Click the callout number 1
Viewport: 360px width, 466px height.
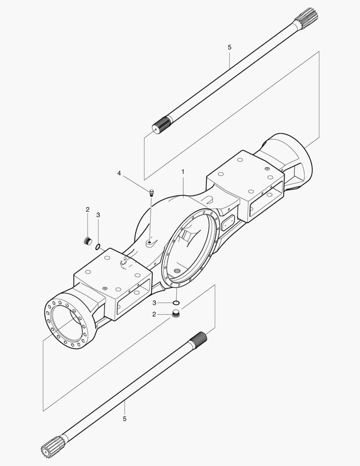183,172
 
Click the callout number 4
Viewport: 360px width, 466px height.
119,173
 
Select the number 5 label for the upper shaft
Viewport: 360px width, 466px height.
229,47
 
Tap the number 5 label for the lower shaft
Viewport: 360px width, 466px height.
125,419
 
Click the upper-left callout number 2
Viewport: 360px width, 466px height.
88,210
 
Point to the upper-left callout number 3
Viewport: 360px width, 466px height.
98,215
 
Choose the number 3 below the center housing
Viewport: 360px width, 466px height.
153,302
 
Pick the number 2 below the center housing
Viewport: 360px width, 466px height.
153,315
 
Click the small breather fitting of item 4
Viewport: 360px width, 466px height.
151,192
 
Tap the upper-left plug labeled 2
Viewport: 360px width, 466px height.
88,241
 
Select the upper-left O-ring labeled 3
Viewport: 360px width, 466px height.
98,247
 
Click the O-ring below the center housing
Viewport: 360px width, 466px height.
176,302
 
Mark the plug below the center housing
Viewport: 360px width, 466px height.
175,314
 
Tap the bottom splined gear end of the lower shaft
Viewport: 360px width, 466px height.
51,447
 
